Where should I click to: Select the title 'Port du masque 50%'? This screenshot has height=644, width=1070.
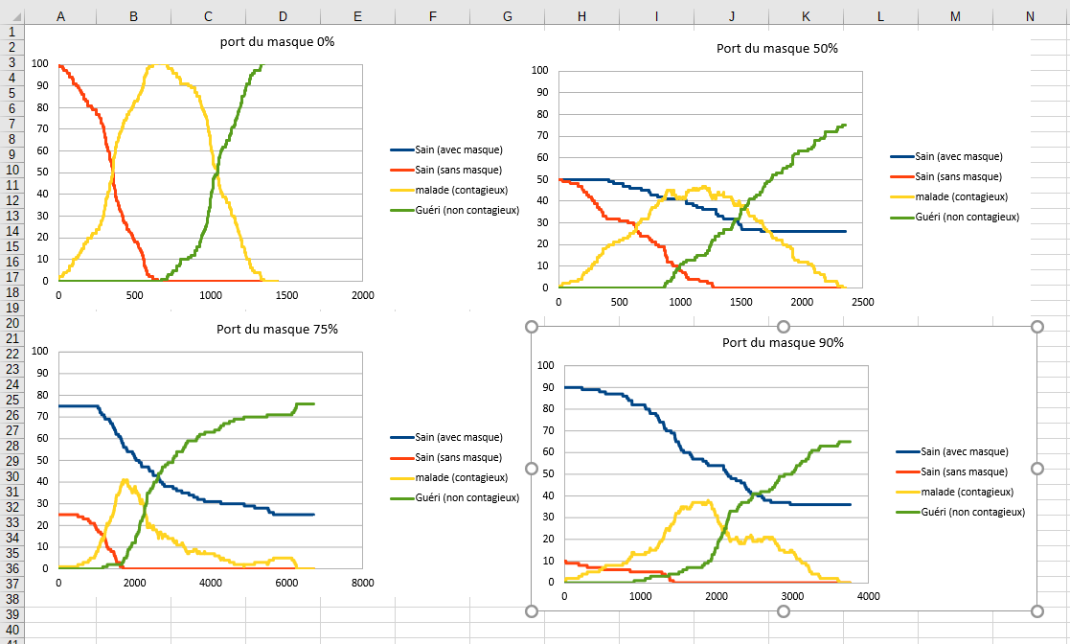[x=777, y=48]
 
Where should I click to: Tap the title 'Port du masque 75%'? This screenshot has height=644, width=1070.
[x=277, y=329]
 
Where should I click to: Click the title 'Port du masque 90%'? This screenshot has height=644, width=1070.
[x=783, y=342]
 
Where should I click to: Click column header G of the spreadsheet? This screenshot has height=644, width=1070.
[x=507, y=16]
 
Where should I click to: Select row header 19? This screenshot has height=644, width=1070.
[x=12, y=308]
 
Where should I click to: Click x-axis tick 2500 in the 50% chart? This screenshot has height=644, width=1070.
[x=861, y=301]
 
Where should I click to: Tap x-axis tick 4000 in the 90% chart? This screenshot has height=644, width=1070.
[x=868, y=595]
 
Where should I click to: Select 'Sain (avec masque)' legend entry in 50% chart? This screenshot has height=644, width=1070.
[x=958, y=156]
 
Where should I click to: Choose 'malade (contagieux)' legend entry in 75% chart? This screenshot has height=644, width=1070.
[x=454, y=477]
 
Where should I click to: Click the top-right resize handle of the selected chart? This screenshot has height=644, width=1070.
[x=1036, y=327]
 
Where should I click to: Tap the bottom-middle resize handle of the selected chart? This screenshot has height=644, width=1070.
[x=784, y=611]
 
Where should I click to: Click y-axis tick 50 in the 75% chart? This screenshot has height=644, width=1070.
[x=39, y=460]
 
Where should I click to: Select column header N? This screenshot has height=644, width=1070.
[x=1030, y=16]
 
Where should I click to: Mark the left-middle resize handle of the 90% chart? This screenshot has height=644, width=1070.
[x=532, y=469]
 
